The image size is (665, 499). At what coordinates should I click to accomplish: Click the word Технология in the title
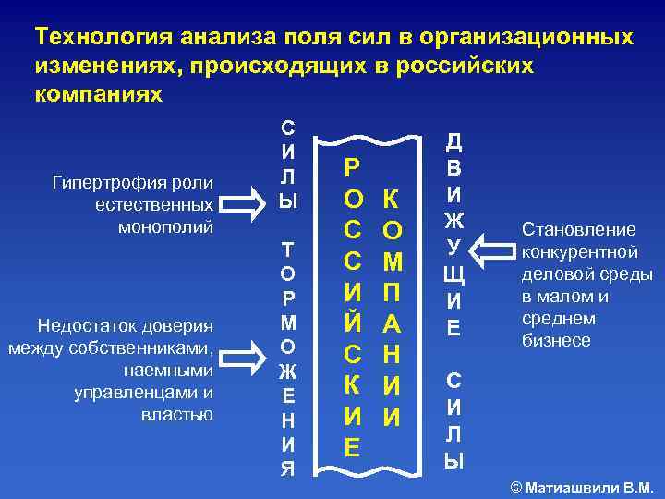(104, 37)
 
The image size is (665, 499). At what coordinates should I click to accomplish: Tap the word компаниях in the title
(97, 94)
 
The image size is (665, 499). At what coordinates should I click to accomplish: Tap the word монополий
(167, 225)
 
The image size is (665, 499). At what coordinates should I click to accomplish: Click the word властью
(176, 414)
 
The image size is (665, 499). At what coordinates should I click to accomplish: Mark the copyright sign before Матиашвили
(514, 487)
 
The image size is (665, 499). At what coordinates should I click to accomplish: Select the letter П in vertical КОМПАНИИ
(392, 293)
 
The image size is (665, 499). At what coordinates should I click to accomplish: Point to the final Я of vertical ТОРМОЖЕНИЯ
(288, 469)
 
